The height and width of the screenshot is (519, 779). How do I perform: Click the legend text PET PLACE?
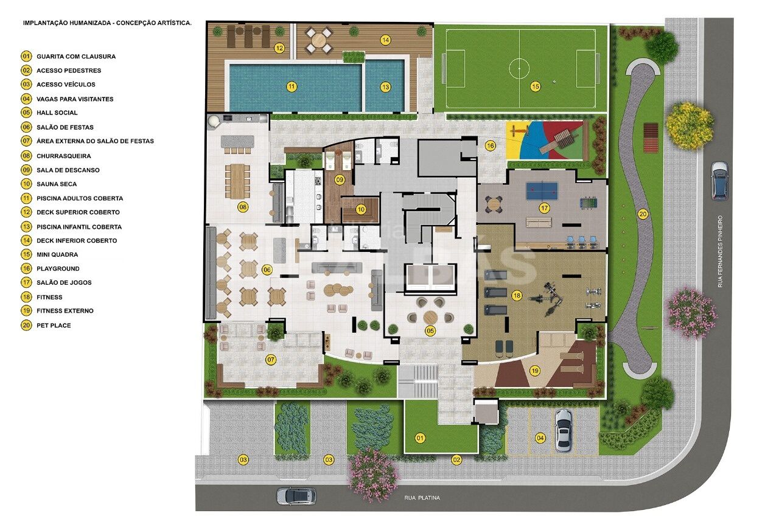pyautogui.click(x=54, y=326)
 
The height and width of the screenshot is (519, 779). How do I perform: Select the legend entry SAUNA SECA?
pyautogui.click(x=57, y=184)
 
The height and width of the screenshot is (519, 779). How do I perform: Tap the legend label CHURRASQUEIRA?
pyautogui.click(x=64, y=156)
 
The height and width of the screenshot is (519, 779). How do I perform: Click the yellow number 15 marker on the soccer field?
pyautogui.click(x=536, y=86)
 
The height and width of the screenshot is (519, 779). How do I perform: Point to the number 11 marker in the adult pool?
pyautogui.click(x=292, y=86)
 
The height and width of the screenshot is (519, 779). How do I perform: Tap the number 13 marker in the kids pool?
pyautogui.click(x=385, y=87)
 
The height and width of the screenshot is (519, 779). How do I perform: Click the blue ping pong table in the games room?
pyautogui.click(x=542, y=191)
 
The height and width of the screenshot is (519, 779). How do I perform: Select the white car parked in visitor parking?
pyautogui.click(x=564, y=430)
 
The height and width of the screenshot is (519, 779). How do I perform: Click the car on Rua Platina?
pyautogui.click(x=296, y=496)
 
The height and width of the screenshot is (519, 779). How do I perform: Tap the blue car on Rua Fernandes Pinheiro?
pyautogui.click(x=719, y=181)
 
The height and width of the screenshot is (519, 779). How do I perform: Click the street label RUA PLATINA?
pyautogui.click(x=422, y=498)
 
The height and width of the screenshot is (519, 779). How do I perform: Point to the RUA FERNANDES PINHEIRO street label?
pyautogui.click(x=720, y=251)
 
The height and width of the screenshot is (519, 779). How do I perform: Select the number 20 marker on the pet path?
pyautogui.click(x=643, y=214)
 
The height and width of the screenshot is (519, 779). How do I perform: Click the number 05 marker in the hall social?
pyautogui.click(x=430, y=330)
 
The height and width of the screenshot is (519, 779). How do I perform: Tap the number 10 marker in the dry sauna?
pyautogui.click(x=361, y=209)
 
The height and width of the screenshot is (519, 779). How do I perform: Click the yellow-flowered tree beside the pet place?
pyautogui.click(x=690, y=126)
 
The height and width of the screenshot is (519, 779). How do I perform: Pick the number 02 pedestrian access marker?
pyautogui.click(x=456, y=460)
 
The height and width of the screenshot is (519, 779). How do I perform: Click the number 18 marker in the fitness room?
pyautogui.click(x=517, y=296)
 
